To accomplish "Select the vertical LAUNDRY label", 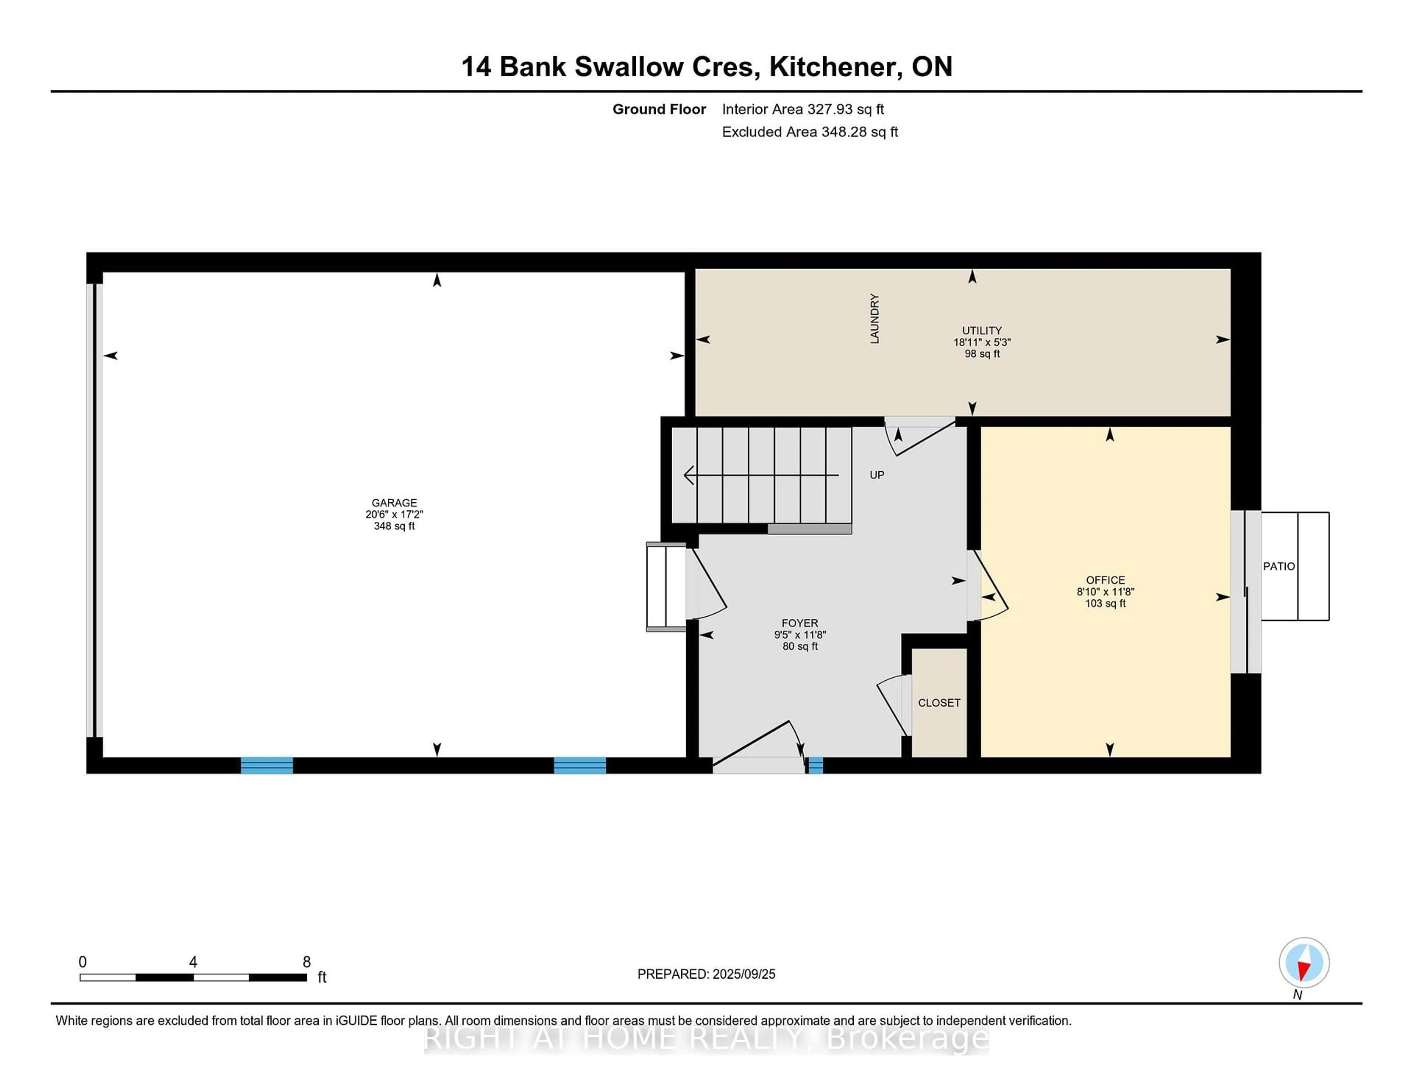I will (874, 318).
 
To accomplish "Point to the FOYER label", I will (800, 623).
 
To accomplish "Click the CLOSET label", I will (939, 703).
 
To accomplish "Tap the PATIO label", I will (1278, 566).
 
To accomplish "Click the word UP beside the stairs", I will (877, 475).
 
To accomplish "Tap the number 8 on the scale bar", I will (307, 962).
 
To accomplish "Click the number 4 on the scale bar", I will (193, 962).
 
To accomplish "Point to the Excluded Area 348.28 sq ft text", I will (810, 132).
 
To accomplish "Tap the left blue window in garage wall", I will (266, 765).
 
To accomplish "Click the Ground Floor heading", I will (659, 109).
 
